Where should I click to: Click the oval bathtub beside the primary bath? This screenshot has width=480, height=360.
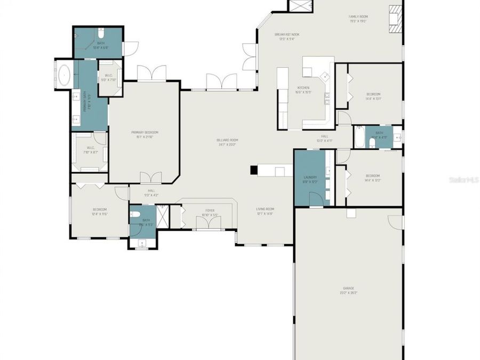pyautogui.click(x=64, y=76)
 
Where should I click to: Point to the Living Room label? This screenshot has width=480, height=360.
pyautogui.click(x=265, y=211)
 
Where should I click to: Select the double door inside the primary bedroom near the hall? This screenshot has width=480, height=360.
pyautogui.click(x=150, y=177)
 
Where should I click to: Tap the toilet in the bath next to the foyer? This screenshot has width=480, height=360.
pyautogui.click(x=135, y=215)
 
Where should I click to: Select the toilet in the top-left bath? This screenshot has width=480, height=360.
pyautogui.click(x=101, y=35)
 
